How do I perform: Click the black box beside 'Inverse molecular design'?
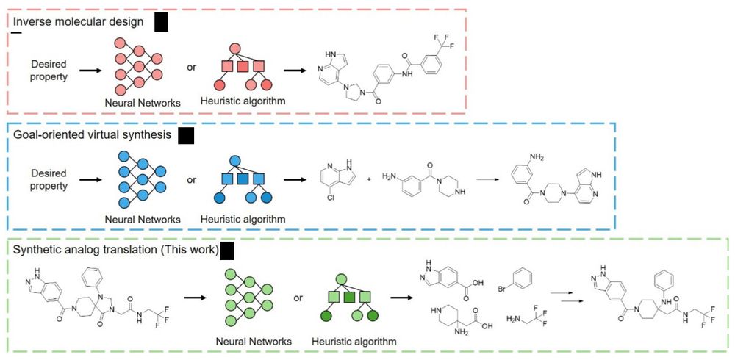(161, 22)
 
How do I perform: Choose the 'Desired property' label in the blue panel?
(49, 179)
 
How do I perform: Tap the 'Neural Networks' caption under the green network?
(254, 342)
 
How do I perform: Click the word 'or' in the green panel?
(298, 298)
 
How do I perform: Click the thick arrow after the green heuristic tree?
(401, 298)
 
